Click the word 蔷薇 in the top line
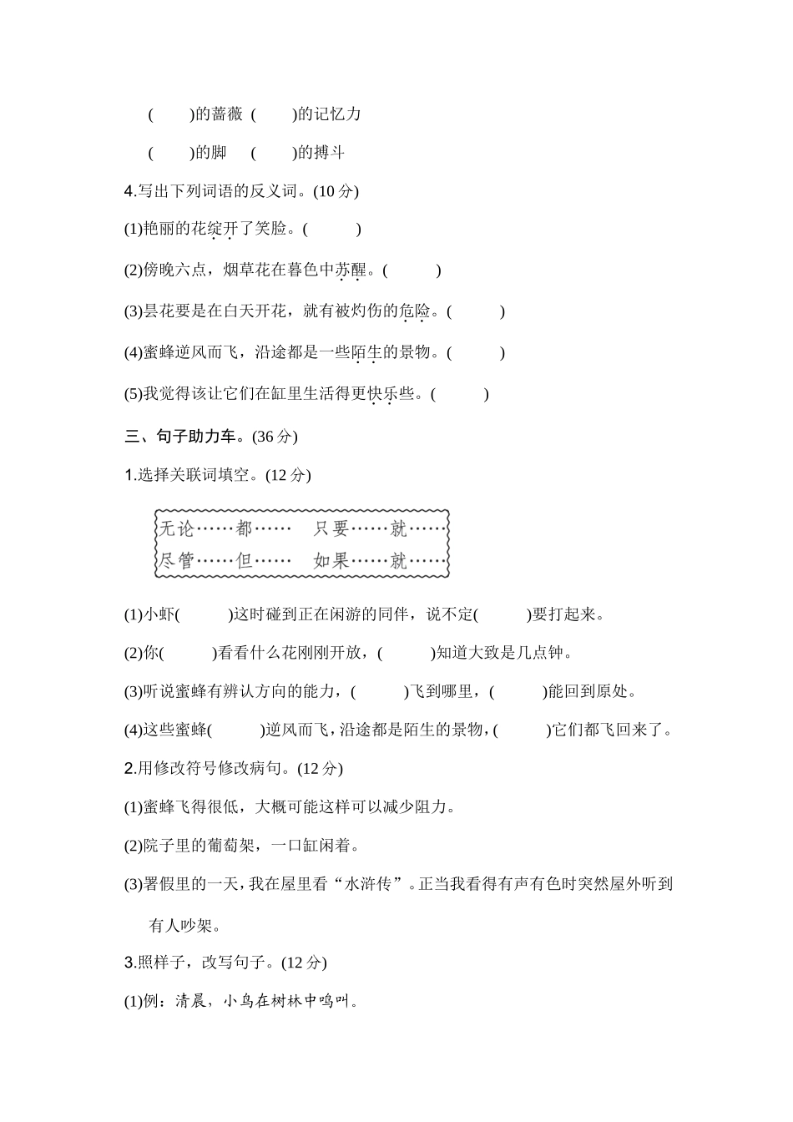(227, 114)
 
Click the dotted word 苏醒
(351, 270)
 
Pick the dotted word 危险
(415, 312)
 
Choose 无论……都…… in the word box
(225, 528)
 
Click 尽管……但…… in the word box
(225, 560)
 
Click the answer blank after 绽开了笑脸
(332, 230)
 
